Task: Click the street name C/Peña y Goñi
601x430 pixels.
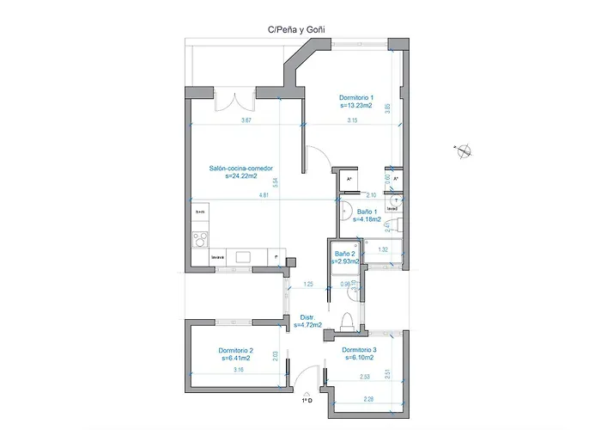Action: (296, 29)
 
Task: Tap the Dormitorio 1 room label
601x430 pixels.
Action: (355, 98)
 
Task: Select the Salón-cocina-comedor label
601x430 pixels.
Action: (241, 169)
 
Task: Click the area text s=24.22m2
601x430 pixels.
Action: (241, 177)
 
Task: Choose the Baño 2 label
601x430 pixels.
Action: (344, 254)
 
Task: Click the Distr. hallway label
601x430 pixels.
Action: (307, 317)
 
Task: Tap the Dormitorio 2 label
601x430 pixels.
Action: (234, 350)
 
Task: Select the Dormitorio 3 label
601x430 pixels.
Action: (358, 350)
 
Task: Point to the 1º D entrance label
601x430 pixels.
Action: (307, 400)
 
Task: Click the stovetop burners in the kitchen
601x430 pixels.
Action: (200, 239)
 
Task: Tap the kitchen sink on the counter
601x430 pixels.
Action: (241, 256)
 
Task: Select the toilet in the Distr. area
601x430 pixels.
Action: (347, 321)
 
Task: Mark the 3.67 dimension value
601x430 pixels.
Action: (246, 120)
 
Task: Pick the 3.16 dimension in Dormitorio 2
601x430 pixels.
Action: (238, 370)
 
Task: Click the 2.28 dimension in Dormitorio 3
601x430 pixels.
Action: (368, 398)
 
